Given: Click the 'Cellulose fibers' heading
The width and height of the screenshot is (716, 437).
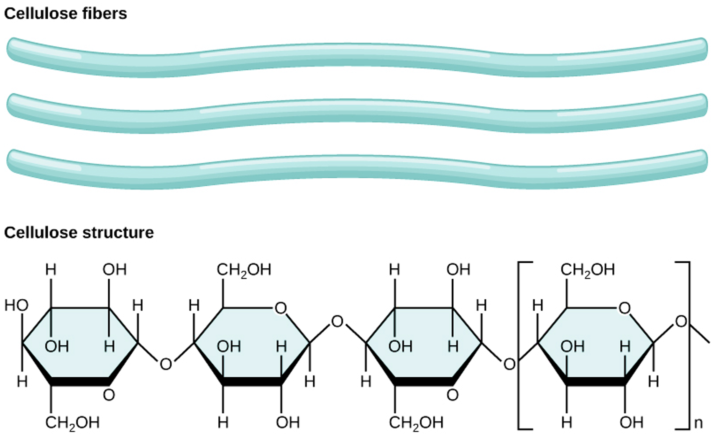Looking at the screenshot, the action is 66,14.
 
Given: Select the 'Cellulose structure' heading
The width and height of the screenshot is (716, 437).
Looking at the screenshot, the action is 79,233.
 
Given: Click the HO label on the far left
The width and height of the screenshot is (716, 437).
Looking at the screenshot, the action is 16,306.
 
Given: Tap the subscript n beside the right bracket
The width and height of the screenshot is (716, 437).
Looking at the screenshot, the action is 698,423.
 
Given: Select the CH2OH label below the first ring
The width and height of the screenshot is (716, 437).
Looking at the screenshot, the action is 72,423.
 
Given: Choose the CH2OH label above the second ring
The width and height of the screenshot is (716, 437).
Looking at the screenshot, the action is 244,270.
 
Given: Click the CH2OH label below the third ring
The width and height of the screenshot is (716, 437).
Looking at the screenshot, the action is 416,423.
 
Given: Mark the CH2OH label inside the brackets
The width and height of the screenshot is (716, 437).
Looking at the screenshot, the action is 588,270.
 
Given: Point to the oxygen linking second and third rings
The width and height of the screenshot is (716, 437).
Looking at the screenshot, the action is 337,321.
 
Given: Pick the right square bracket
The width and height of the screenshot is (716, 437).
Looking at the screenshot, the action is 689,345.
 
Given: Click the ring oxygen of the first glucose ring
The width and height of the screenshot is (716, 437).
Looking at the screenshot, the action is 109,396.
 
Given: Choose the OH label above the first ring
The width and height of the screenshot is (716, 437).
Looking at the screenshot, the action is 115,270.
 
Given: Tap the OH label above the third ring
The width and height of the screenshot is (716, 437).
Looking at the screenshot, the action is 458,270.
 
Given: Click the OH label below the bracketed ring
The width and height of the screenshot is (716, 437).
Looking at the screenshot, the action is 631,423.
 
